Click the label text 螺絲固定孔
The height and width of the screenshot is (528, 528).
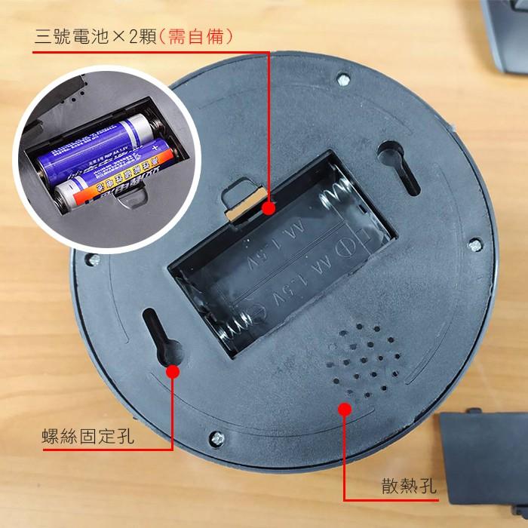88,435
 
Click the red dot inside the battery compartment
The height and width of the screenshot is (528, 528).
269,205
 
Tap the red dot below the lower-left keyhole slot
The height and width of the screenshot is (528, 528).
173,370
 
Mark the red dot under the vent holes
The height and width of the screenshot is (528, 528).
345,409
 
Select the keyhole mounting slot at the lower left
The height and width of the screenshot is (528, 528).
158,335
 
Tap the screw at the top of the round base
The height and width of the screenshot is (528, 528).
343,78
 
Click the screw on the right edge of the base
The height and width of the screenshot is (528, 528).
474,245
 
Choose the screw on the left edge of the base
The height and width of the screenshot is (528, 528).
93,259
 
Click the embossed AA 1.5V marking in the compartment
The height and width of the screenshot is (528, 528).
290,249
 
